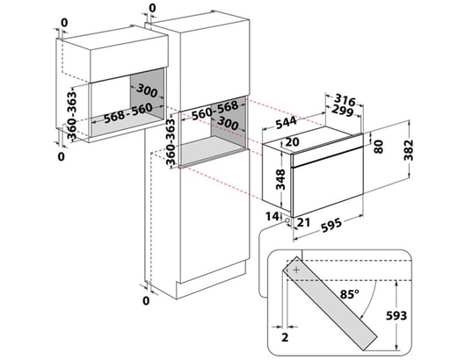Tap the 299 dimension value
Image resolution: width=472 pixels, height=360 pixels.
pyautogui.click(x=342, y=112)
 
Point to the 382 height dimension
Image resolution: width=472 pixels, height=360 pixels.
pyautogui.click(x=409, y=150)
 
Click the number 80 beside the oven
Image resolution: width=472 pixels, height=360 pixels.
pyautogui.click(x=378, y=147)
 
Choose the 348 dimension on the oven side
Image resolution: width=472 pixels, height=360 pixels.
pyautogui.click(x=280, y=179)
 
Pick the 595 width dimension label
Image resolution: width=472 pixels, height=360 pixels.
pyautogui.click(x=330, y=226)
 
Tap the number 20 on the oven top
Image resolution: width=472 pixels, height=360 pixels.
pyautogui.click(x=292, y=142)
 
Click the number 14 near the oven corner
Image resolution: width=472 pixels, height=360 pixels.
pyautogui.click(x=272, y=216)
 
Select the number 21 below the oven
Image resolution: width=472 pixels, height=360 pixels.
pyautogui.click(x=303, y=222)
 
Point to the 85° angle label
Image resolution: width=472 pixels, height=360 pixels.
pyautogui.click(x=350, y=294)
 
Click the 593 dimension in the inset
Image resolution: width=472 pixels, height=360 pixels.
pyautogui.click(x=396, y=315)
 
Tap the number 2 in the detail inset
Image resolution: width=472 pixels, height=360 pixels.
pyautogui.click(x=285, y=337)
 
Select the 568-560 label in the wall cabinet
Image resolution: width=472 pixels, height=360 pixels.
pyautogui.click(x=128, y=113)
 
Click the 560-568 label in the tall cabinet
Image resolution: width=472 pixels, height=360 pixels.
pyautogui.click(x=215, y=110)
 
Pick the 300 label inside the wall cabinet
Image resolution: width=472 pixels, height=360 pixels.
pyautogui.click(x=147, y=90)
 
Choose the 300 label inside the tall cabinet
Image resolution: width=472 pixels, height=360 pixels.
pyautogui.click(x=228, y=122)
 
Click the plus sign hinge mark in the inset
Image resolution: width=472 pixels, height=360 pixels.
pyautogui.click(x=296, y=270)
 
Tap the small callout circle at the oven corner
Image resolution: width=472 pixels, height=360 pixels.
pyautogui.click(x=287, y=220)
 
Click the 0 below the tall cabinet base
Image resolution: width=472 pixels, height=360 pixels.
pyautogui.click(x=146, y=300)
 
